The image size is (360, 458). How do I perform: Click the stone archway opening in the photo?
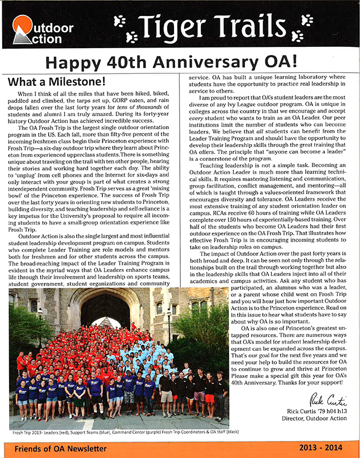click(x=101, y=312)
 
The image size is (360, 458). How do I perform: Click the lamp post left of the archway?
click(x=40, y=323)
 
